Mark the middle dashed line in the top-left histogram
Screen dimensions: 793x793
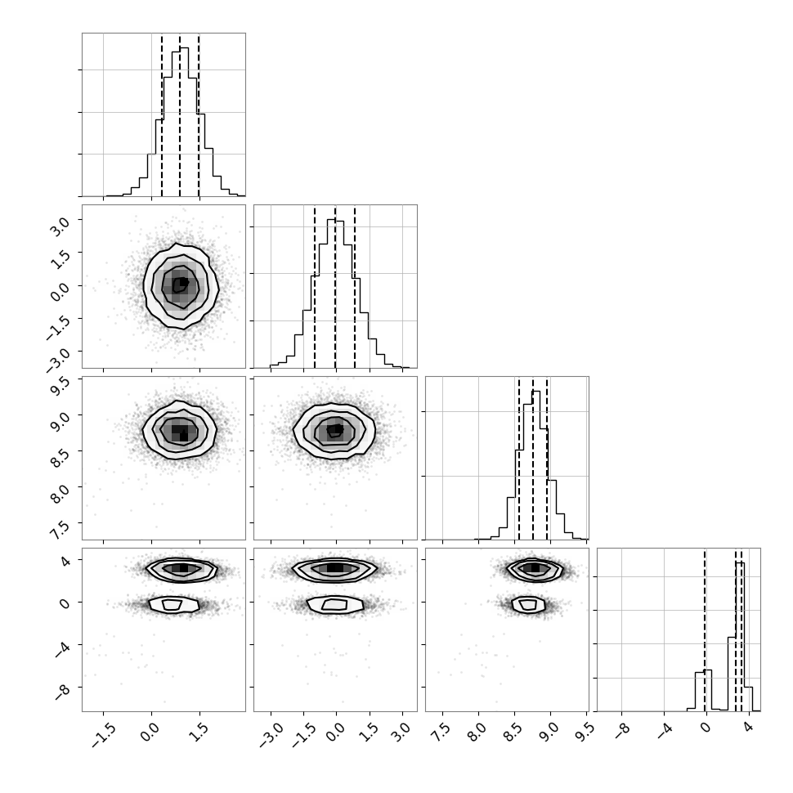[x=180, y=114]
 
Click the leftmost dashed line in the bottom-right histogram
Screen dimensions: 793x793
[x=705, y=629]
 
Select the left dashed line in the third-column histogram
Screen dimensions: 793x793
[x=519, y=458]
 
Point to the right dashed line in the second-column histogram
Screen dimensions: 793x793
[x=355, y=286]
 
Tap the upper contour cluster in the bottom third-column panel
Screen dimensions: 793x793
[x=535, y=569]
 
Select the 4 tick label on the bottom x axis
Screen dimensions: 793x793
[x=749, y=728]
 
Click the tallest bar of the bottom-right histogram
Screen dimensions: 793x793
[x=740, y=636]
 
